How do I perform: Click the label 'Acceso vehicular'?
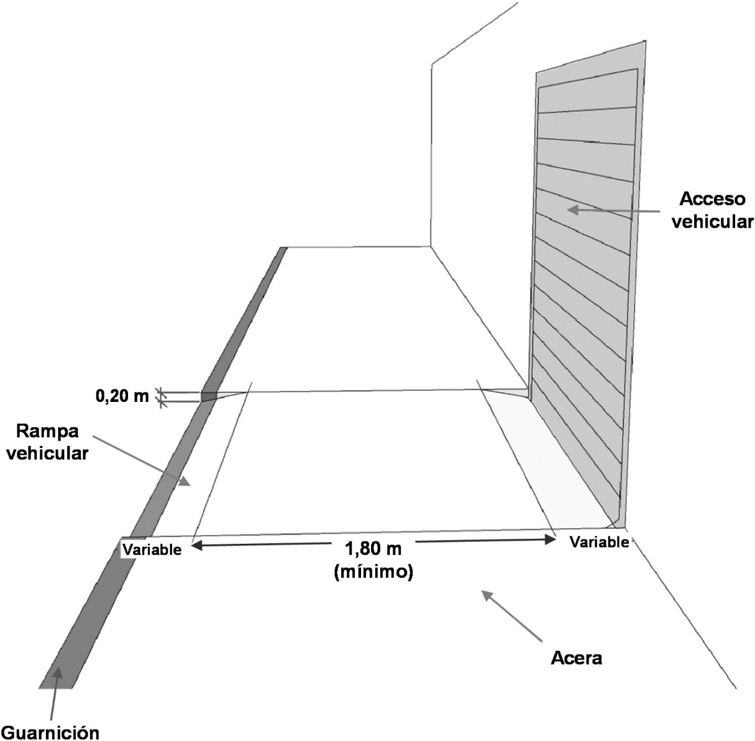(712, 210)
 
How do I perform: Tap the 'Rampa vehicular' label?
(52, 442)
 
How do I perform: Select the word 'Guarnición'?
(50, 731)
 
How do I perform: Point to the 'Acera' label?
(577, 658)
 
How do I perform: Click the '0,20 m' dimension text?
(122, 396)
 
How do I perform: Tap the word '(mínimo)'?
(373, 571)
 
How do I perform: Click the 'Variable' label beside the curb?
(152, 550)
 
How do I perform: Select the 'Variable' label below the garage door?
(599, 543)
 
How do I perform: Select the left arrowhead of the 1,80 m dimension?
(196, 546)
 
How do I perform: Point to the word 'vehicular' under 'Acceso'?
(712, 221)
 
